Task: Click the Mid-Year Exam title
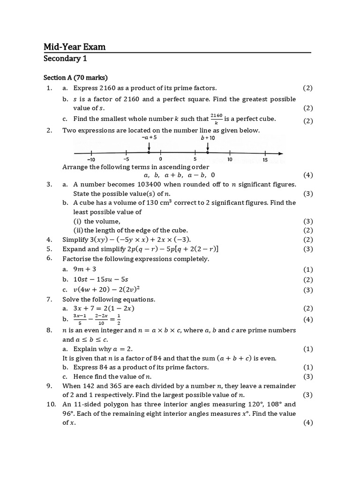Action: tap(75, 46)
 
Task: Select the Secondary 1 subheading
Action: tap(65, 59)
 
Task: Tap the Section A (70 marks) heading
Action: tap(76, 77)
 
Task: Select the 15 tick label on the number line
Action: tap(265, 160)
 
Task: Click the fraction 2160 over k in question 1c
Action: tap(216, 118)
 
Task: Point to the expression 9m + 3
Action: tap(85, 269)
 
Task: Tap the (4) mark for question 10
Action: tap(307, 422)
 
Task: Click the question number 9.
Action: tap(49, 386)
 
